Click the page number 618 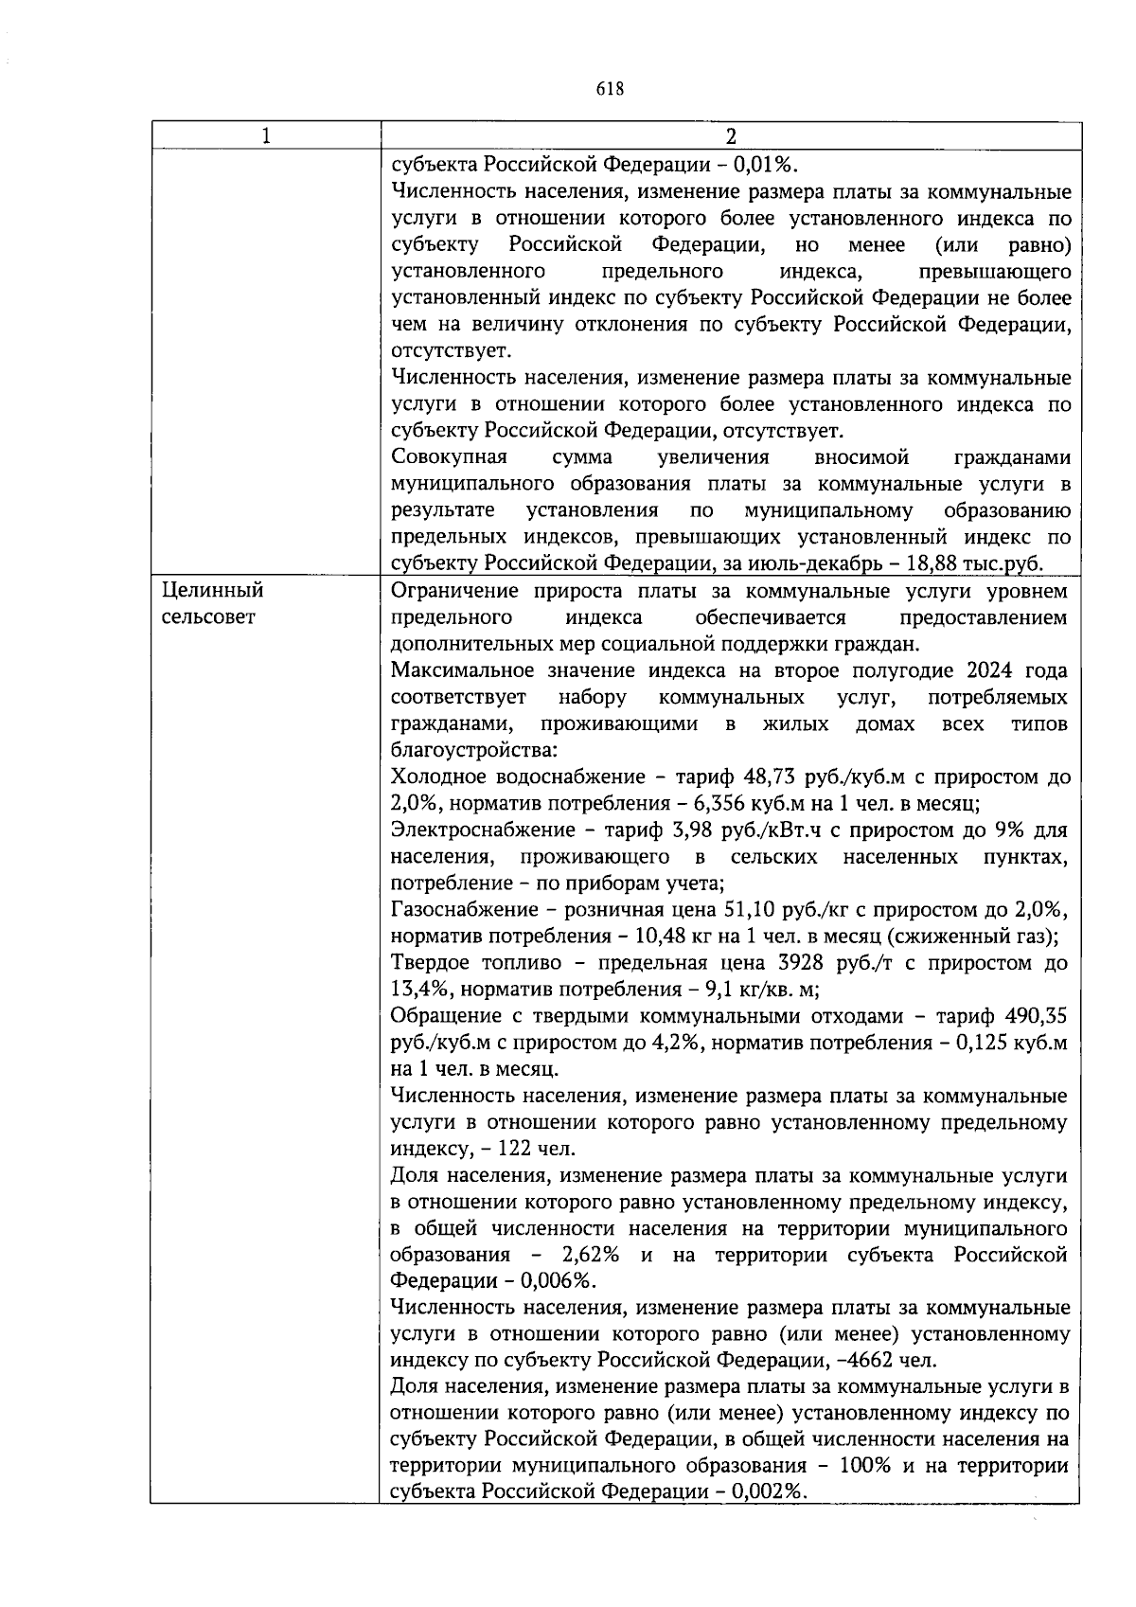(x=611, y=89)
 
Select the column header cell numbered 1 (x=266, y=136)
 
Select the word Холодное (x=438, y=777)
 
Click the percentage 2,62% (x=590, y=1256)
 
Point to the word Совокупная (x=449, y=458)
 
